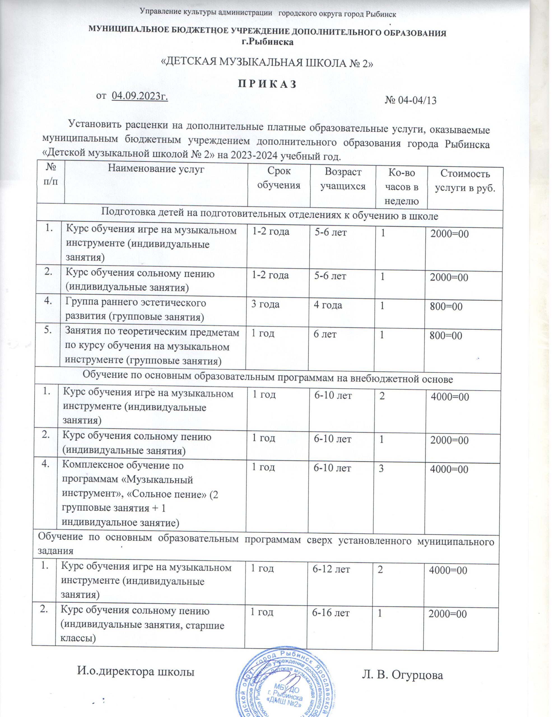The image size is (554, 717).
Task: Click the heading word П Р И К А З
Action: [267, 84]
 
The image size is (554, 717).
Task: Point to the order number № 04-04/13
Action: [411, 100]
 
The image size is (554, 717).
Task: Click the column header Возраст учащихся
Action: [343, 179]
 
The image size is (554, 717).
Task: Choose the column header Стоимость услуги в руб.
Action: [465, 181]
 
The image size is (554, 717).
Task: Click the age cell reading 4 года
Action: [328, 305]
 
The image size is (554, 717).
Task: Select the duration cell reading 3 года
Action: [265, 304]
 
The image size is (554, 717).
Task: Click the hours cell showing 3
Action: [381, 468]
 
